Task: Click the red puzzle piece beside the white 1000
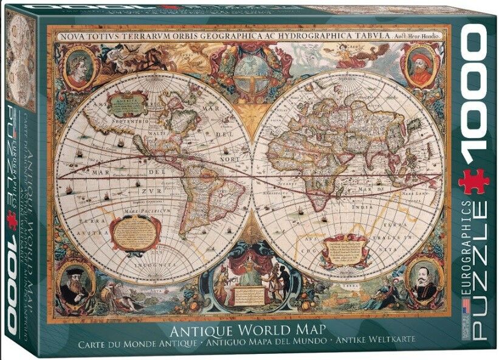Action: (474, 181)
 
